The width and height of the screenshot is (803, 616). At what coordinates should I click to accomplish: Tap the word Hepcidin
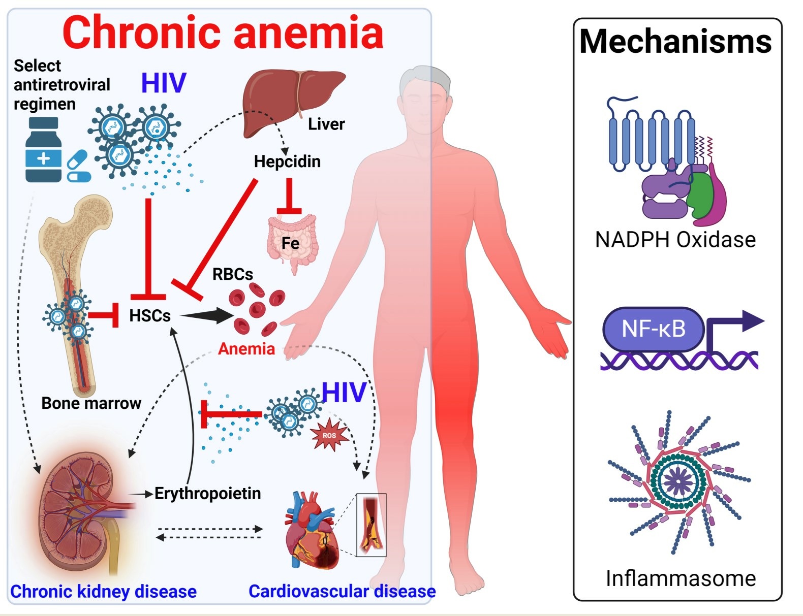[x=287, y=161]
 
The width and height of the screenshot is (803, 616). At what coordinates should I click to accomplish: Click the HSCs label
[x=149, y=315]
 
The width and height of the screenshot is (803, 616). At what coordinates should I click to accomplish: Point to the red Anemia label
[x=246, y=349]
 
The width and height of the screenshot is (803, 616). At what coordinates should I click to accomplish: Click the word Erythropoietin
[x=207, y=493]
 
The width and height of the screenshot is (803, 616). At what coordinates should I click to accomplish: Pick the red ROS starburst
[x=329, y=435]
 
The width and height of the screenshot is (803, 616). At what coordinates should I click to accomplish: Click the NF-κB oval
[x=653, y=329]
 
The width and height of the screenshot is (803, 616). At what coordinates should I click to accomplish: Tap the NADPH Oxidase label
[x=675, y=240]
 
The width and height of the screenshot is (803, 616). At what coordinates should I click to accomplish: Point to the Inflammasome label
[x=681, y=578]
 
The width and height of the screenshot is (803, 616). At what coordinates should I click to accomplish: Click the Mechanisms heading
[x=675, y=42]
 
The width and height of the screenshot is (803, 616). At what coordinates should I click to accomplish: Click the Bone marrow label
[x=91, y=403]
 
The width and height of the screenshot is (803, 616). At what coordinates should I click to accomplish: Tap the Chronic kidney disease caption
[x=103, y=592]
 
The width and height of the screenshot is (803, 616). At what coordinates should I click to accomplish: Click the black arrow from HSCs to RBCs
[x=206, y=315]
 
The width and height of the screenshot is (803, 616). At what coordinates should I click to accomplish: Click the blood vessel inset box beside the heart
[x=371, y=525]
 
